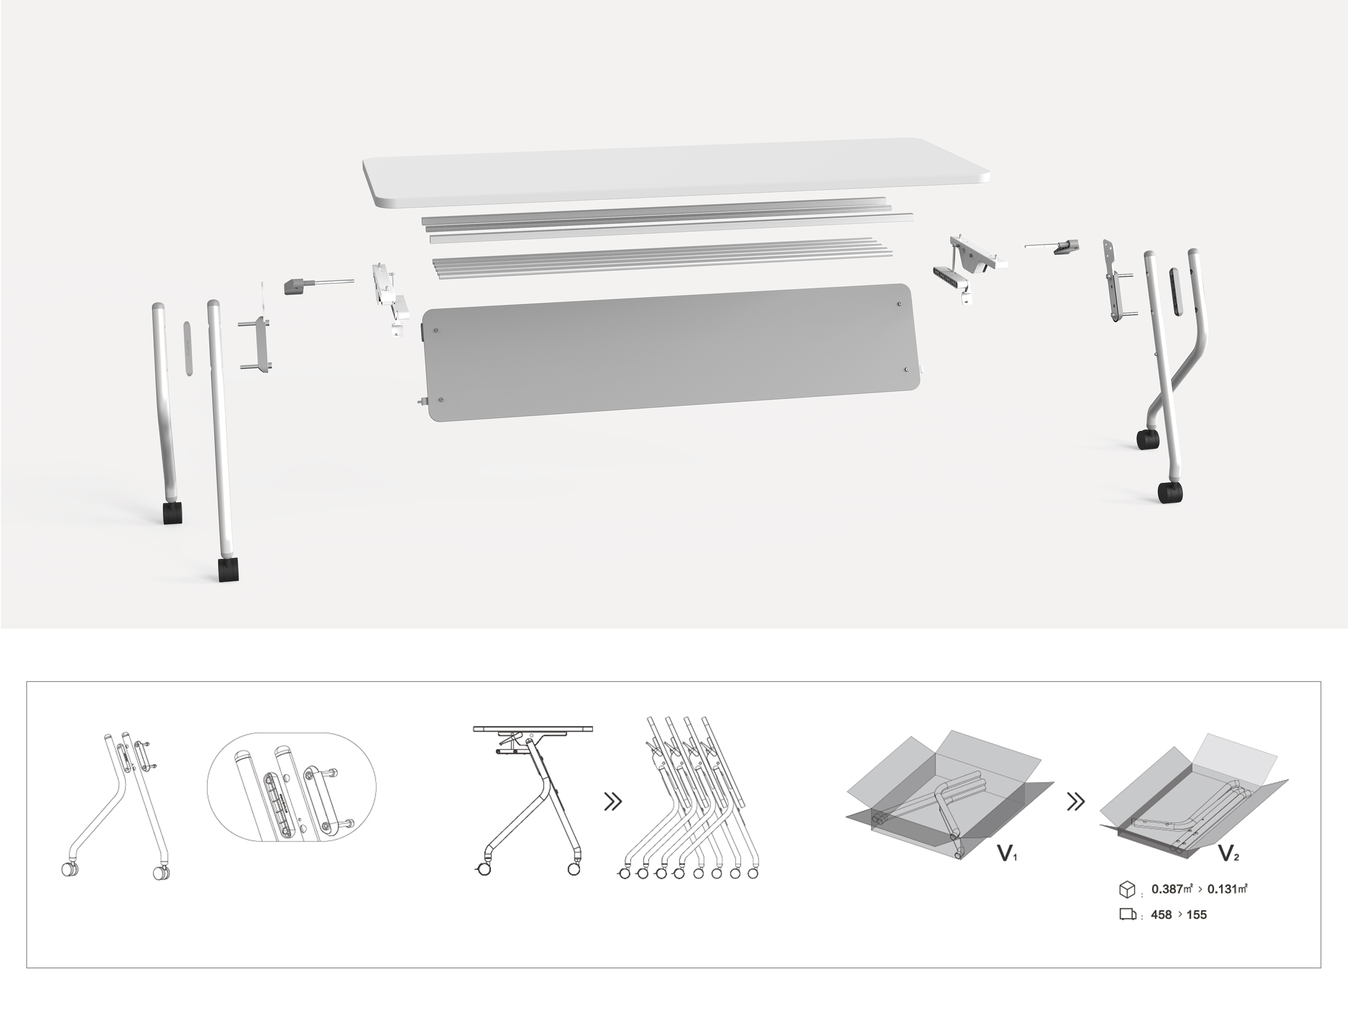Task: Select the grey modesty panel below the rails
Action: tap(670, 353)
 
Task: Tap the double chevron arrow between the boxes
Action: tap(1076, 802)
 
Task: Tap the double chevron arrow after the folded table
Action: tap(613, 802)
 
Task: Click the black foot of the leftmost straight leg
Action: tap(172, 513)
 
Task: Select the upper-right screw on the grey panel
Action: tap(900, 304)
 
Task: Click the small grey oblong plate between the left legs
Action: tap(188, 347)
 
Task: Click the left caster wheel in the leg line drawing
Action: tap(69, 869)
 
